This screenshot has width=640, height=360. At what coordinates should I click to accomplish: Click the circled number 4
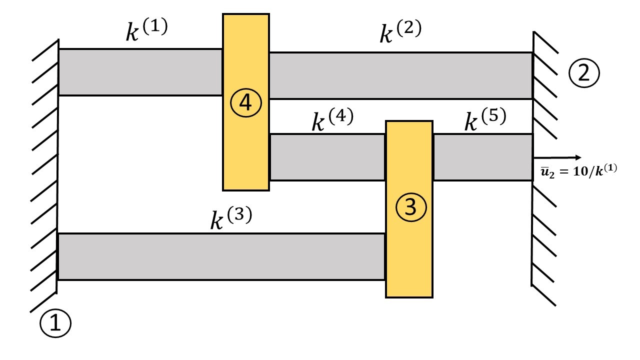pyautogui.click(x=246, y=102)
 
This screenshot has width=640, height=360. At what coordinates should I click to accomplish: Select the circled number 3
pyautogui.click(x=409, y=207)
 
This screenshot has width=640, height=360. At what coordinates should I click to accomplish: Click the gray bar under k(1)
pyautogui.click(x=140, y=72)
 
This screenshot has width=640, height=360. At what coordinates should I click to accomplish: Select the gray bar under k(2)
pyautogui.click(x=400, y=75)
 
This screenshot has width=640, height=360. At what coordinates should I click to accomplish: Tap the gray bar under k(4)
pyautogui.click(x=327, y=157)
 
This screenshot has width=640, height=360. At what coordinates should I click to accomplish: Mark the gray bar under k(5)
pyautogui.click(x=482, y=157)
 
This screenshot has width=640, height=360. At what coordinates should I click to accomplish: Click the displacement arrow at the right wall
pyautogui.click(x=558, y=157)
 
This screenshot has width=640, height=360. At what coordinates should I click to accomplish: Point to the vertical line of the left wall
pyautogui.click(x=58, y=165)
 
